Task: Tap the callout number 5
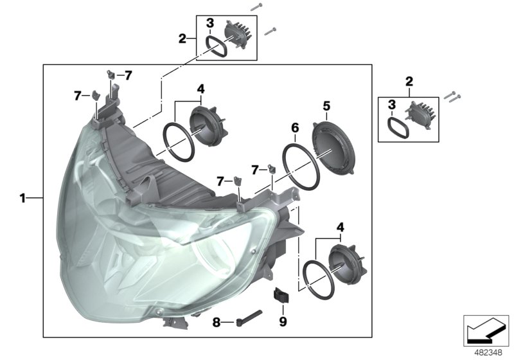[326, 104]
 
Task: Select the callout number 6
[295, 128]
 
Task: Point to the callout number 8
[217, 322]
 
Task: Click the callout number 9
[283, 319]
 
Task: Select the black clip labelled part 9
[282, 296]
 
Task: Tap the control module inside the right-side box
[423, 118]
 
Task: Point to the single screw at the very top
[257, 5]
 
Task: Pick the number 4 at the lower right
[340, 226]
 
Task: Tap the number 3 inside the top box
[209, 24]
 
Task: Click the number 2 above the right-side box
[409, 81]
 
